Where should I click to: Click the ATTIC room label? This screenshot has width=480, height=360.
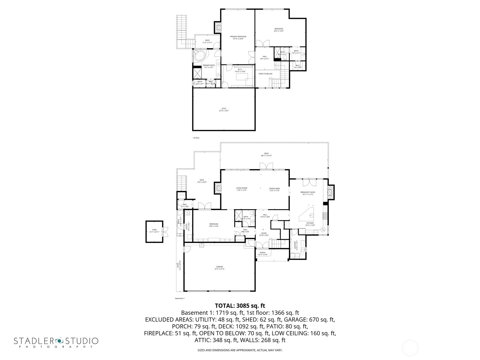224,109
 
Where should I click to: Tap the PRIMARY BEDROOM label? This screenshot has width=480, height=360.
238,37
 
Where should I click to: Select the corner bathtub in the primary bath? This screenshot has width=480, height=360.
199,56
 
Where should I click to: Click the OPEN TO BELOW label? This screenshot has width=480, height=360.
265,73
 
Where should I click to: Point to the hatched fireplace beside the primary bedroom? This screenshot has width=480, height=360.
217,28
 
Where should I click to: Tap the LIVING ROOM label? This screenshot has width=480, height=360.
241,188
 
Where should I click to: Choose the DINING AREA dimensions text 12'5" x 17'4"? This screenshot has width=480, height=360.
274,190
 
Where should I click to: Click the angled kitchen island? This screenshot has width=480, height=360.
308,214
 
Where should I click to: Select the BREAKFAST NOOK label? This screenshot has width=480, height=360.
308,192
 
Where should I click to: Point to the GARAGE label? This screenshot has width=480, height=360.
220,267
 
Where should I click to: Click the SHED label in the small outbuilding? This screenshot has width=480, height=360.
154,230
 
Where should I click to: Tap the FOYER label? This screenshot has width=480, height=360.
264,233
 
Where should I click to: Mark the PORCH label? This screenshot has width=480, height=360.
262,253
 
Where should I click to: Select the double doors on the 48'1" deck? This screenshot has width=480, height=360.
266,166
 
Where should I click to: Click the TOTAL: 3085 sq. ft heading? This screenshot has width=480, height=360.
240,306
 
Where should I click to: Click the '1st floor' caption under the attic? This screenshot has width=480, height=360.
196,138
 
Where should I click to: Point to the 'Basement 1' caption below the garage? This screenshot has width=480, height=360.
180,298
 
